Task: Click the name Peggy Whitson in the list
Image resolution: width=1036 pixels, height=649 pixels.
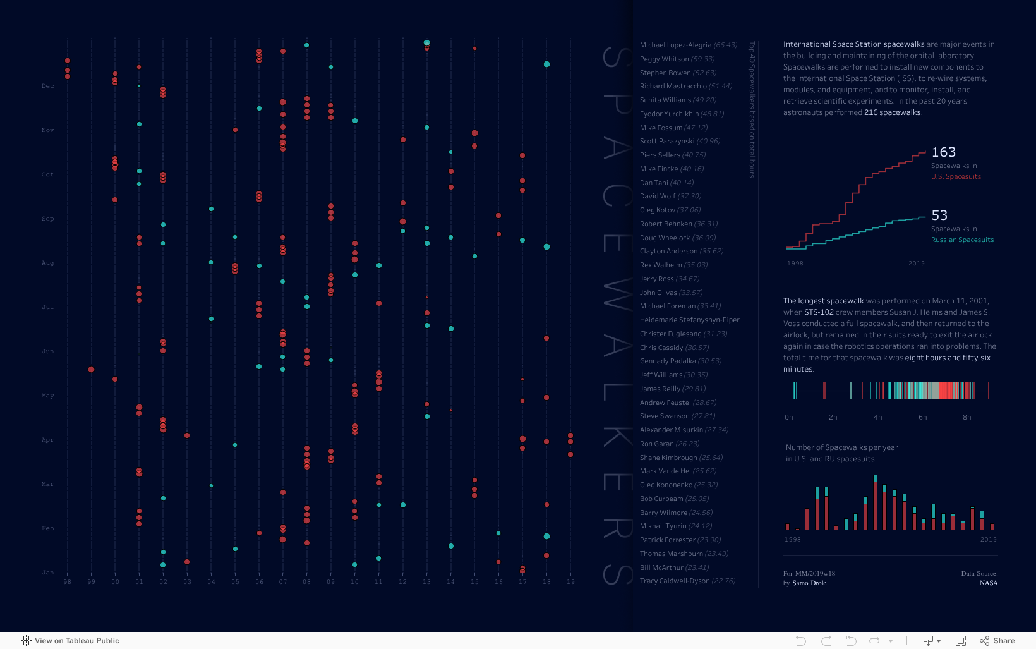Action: coord(664,59)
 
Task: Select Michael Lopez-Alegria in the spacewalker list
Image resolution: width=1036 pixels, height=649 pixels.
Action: coord(675,45)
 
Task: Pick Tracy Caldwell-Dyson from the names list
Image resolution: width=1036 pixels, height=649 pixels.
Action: coord(674,581)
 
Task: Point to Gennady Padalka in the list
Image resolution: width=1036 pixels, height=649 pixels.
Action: coord(667,361)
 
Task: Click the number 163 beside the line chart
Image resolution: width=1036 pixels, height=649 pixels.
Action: coord(943,152)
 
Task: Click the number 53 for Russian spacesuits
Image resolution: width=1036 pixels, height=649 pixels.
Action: coord(939,215)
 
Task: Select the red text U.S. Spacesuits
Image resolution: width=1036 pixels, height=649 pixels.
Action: coord(956,176)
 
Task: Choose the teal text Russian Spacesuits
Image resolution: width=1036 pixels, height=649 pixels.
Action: coord(962,240)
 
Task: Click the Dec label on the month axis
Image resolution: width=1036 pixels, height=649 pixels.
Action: coord(48,86)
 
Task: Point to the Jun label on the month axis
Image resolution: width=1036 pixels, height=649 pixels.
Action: coord(48,351)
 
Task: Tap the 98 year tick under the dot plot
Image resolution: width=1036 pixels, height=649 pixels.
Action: coord(68,582)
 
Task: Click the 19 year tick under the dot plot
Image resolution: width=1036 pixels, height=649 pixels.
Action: coord(570,582)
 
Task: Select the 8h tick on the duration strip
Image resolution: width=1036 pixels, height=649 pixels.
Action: coord(967,417)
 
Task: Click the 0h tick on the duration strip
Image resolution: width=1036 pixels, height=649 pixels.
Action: coord(788,417)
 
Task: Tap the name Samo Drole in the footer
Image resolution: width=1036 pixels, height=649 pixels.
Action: coord(809,583)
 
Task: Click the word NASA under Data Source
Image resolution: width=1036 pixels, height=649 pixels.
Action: coord(989,583)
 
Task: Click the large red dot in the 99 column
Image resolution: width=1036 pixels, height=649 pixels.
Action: coord(92,369)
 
